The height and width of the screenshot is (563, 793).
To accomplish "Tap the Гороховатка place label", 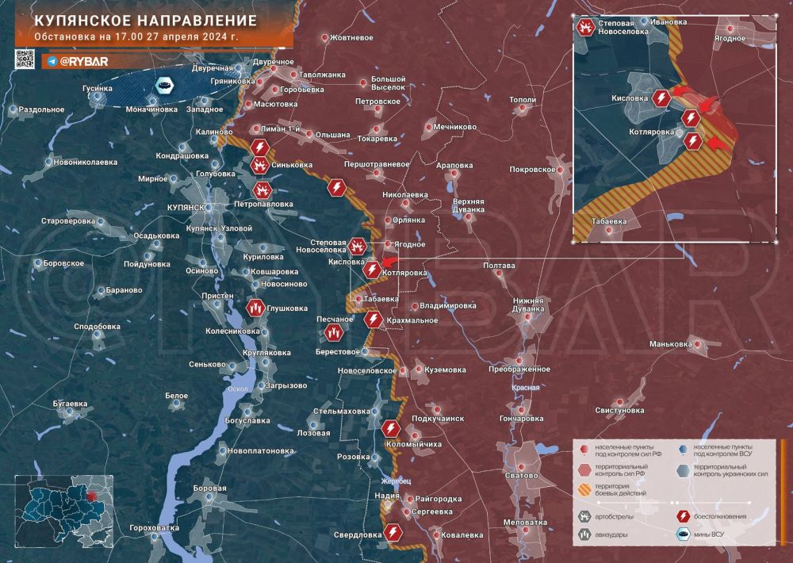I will pyautogui.click(x=154, y=527).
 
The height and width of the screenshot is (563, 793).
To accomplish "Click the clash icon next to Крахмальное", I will pyautogui.click(x=374, y=320).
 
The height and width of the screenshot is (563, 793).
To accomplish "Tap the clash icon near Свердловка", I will pyautogui.click(x=391, y=532).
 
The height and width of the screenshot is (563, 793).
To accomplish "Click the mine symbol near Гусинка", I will pyautogui.click(x=164, y=85).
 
